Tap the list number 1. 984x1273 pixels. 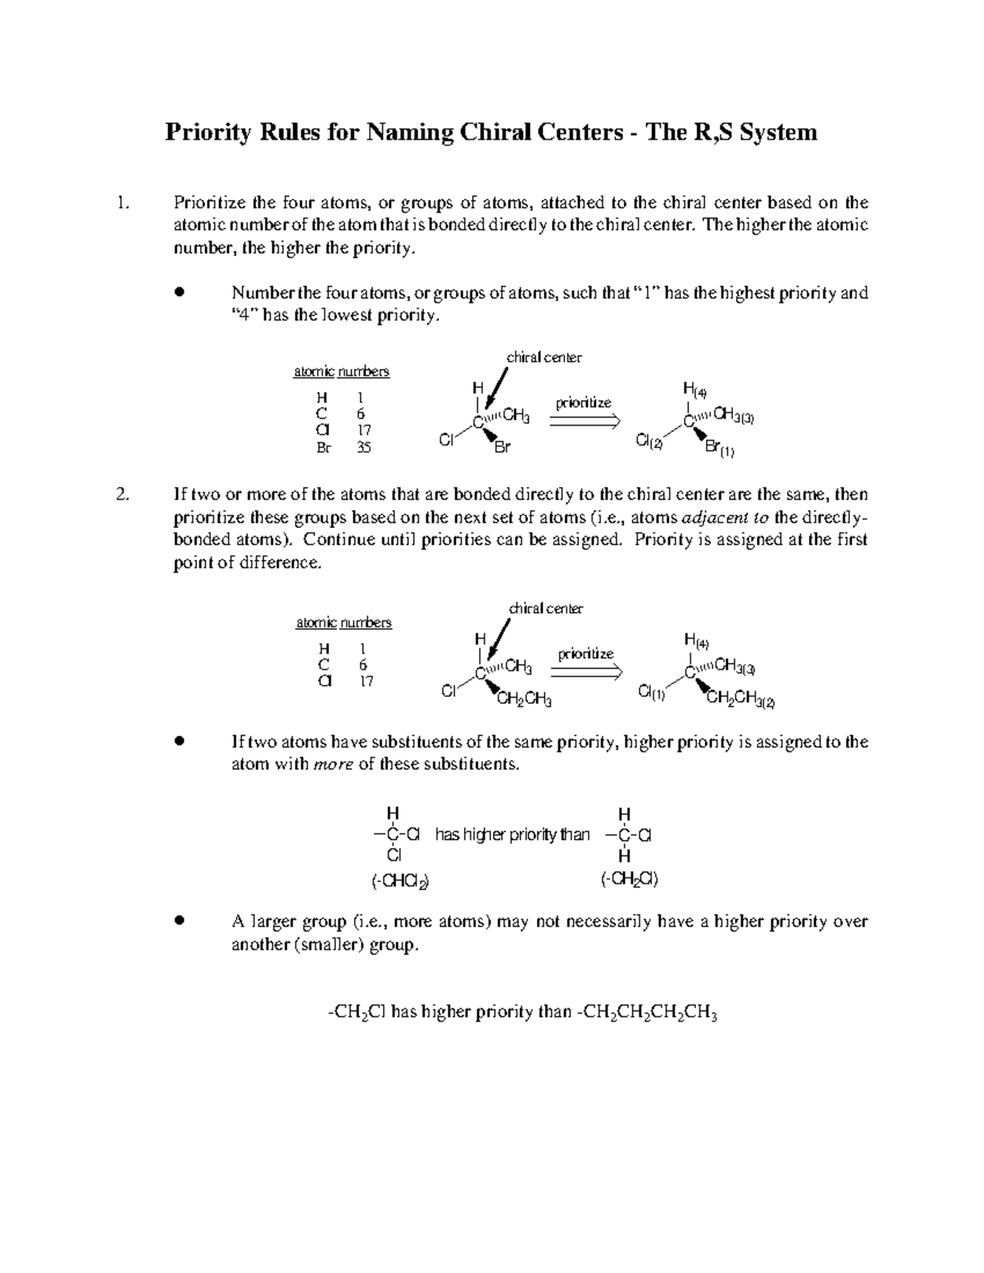tap(122, 202)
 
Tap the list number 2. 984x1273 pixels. tap(122, 494)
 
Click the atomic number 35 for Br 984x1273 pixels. tap(363, 448)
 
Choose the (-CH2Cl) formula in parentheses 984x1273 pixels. tap(629, 880)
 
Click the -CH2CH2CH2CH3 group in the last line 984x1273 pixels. tap(648, 1013)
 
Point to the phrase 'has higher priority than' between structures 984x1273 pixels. tap(512, 835)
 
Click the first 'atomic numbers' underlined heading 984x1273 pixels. tap(341, 372)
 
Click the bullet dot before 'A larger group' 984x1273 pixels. tap(179, 921)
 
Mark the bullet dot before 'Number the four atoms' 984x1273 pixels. tap(179, 293)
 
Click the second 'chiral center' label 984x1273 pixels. tap(546, 608)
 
